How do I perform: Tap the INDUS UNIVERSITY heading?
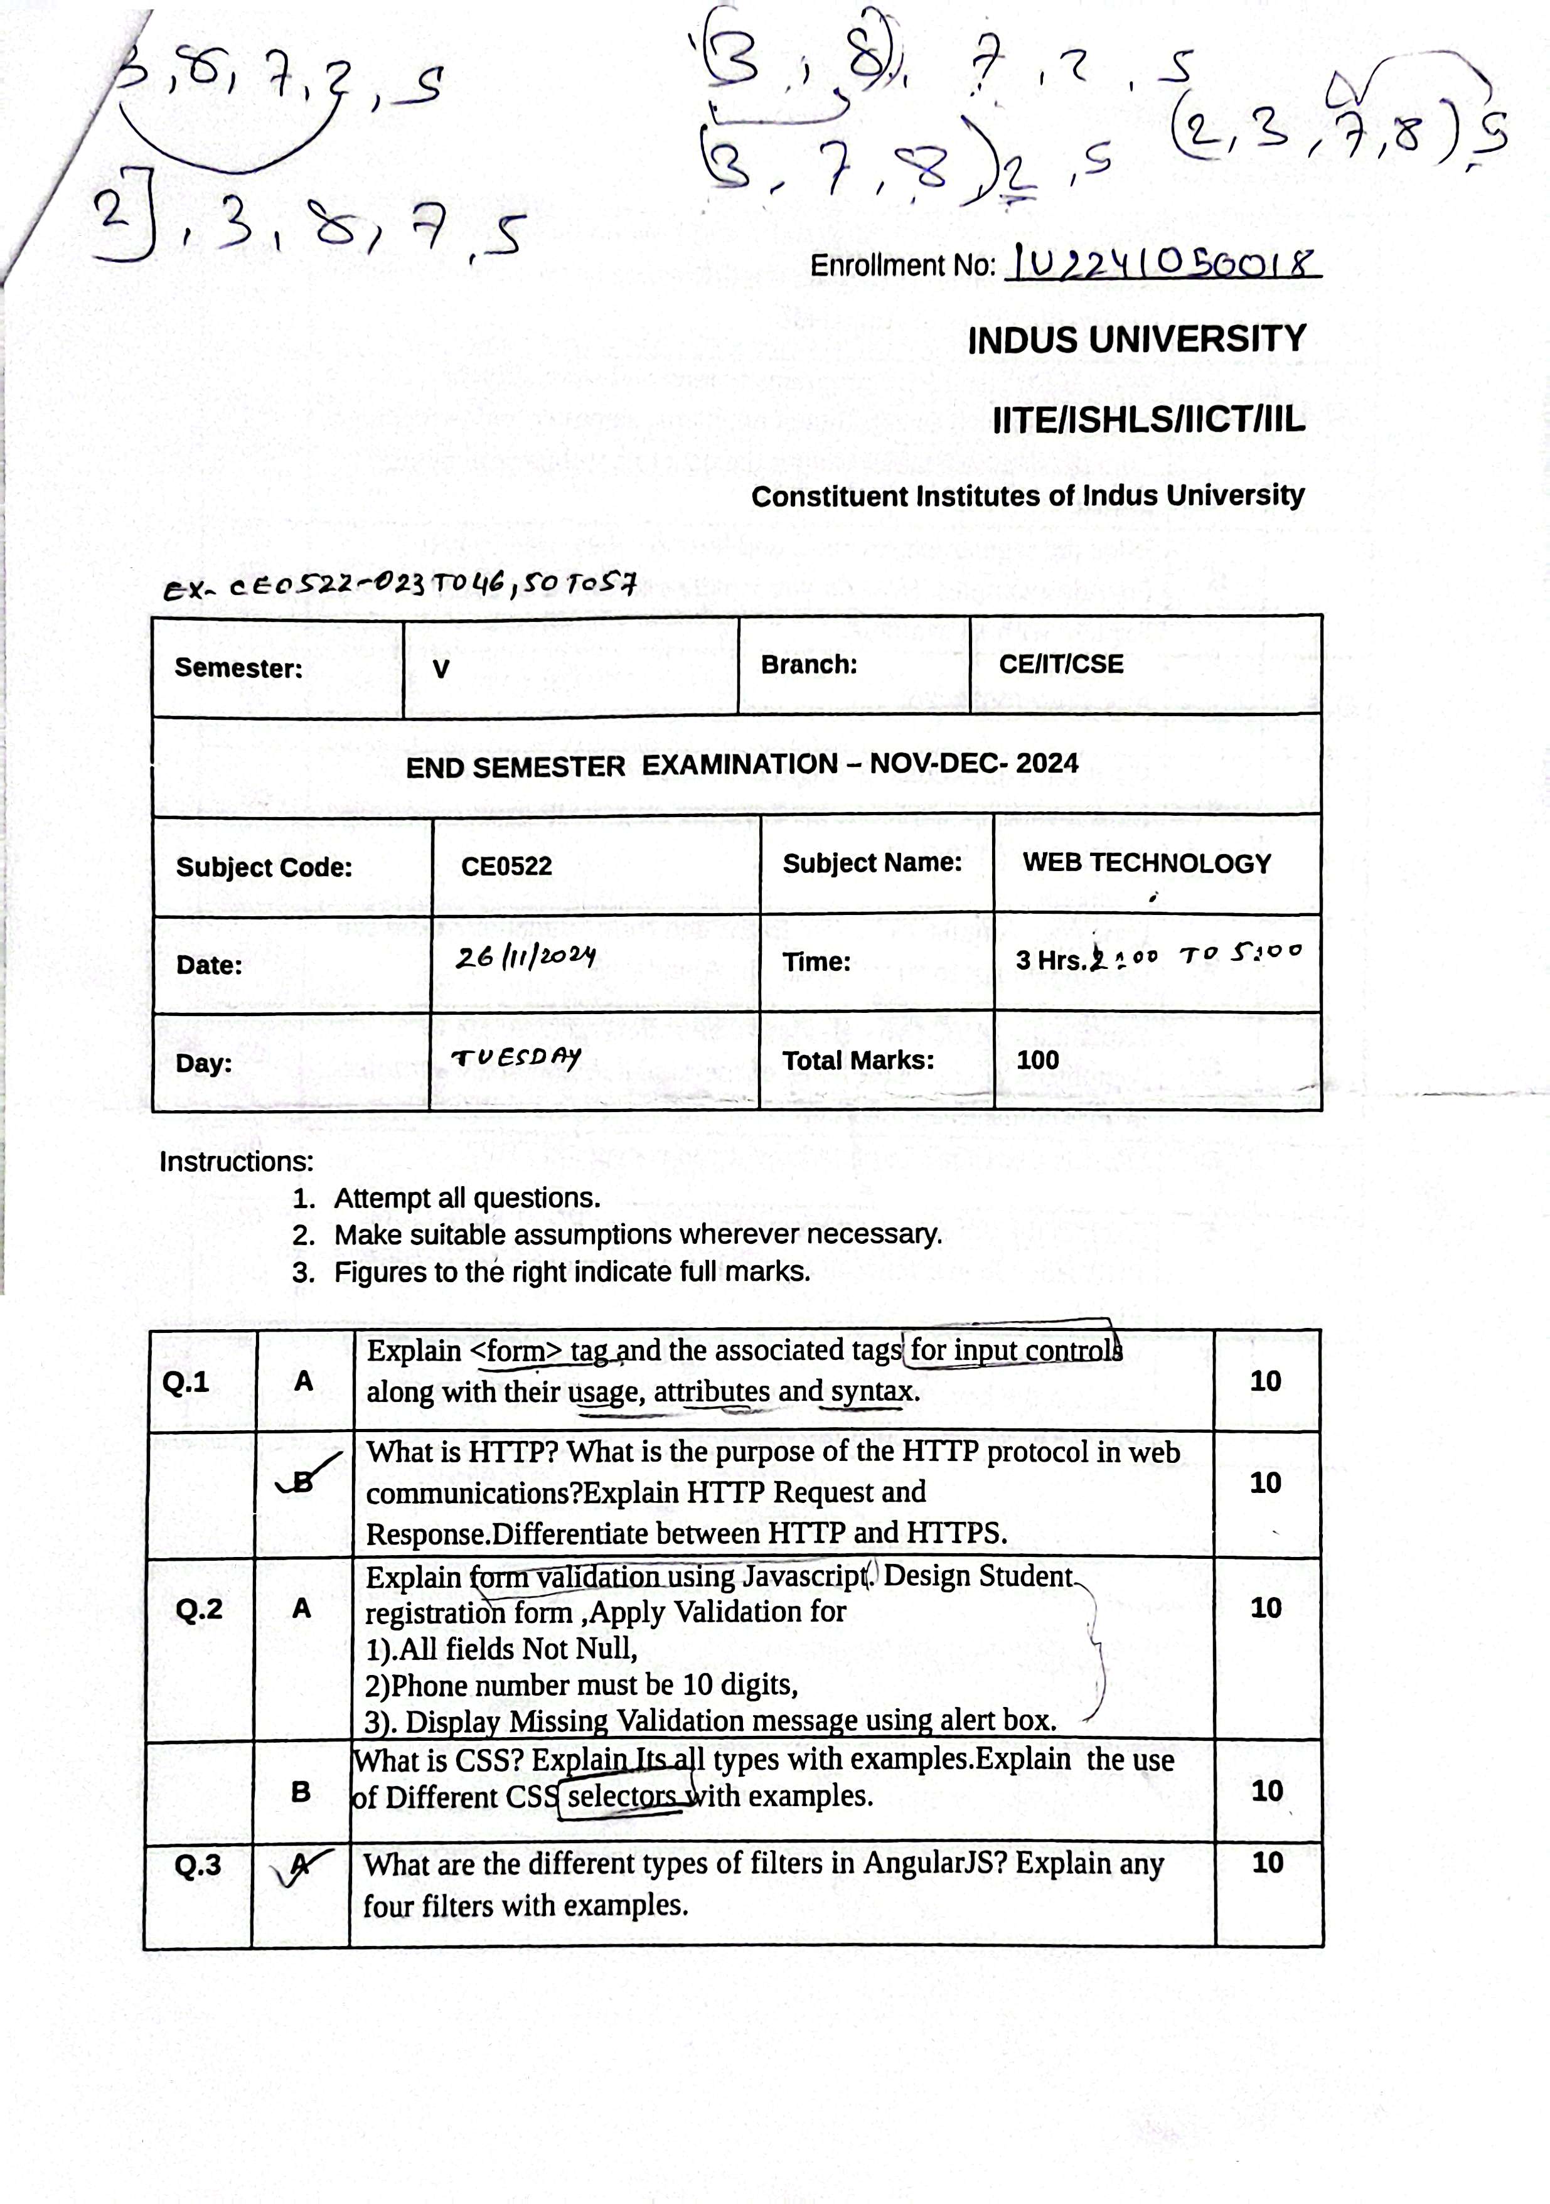click(1136, 340)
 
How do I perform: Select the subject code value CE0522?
click(507, 866)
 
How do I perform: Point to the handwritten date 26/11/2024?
click(525, 957)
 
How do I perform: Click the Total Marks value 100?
click(1037, 1060)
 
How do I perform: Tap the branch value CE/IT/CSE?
click(1061, 664)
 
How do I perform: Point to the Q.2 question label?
click(199, 1609)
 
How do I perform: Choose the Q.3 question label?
click(198, 1865)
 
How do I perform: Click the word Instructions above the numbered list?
click(236, 1162)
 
